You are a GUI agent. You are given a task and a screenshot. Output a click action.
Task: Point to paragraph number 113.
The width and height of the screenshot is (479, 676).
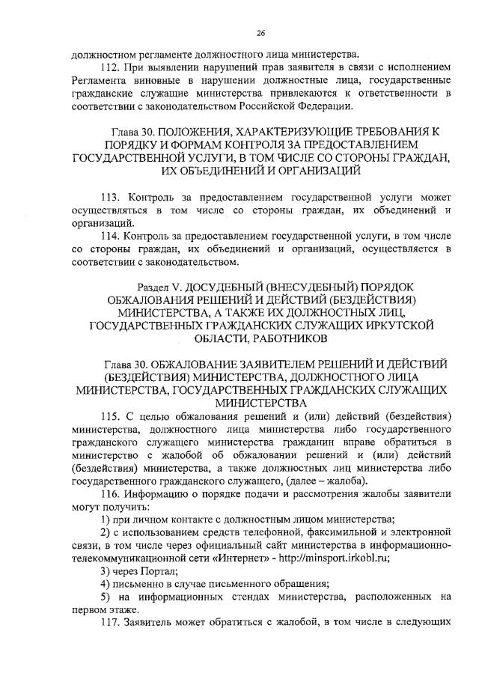119,198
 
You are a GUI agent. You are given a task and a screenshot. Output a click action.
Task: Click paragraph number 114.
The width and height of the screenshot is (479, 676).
119,237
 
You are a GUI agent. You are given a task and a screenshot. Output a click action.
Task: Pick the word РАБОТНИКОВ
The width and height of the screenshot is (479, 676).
286,338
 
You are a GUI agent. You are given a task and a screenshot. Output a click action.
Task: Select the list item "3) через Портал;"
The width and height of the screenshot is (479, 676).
135,569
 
